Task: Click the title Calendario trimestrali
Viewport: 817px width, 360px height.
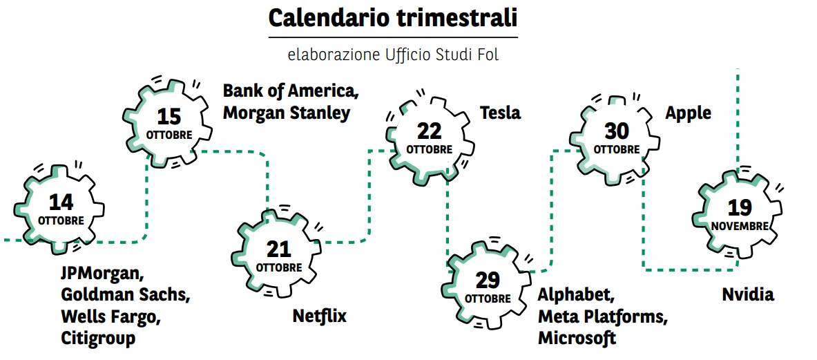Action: [x=392, y=19]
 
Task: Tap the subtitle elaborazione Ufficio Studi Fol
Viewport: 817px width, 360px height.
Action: [x=392, y=55]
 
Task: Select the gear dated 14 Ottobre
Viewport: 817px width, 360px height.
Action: [x=61, y=209]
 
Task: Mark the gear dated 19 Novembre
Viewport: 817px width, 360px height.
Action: [x=739, y=215]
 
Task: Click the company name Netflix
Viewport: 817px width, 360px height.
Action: [x=319, y=316]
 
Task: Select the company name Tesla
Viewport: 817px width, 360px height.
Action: [x=500, y=113]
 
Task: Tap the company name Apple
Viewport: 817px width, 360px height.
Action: [x=688, y=113]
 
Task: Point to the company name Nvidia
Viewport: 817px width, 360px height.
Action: [x=748, y=295]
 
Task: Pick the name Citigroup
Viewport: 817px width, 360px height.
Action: [x=98, y=338]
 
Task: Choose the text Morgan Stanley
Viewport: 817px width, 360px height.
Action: [x=286, y=113]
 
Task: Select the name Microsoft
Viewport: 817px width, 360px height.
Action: [x=577, y=338]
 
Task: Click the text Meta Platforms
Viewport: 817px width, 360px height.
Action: [x=603, y=316]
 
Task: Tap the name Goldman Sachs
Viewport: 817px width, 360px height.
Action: [x=125, y=295]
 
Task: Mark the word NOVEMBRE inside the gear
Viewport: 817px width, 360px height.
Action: [x=739, y=226]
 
